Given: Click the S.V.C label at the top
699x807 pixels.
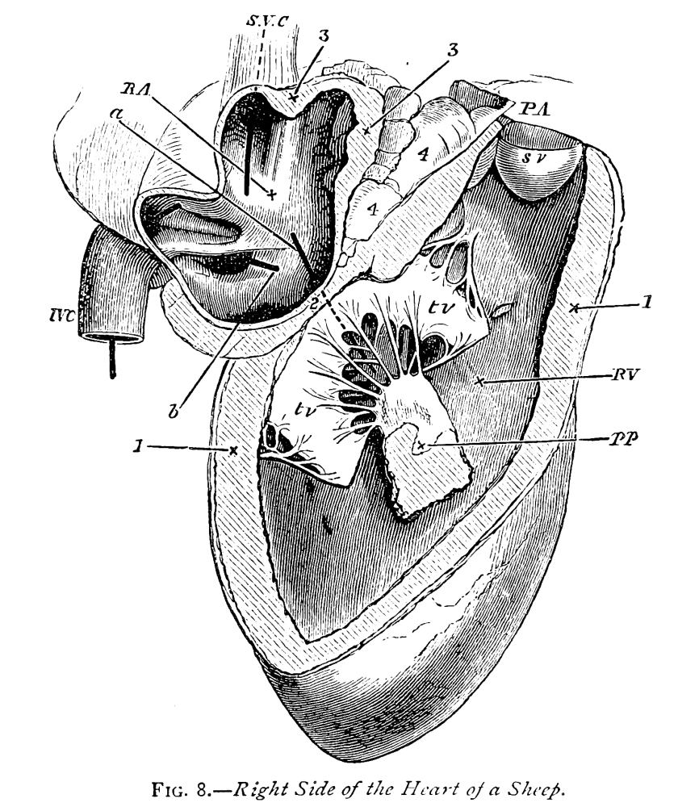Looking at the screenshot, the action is point(267,21).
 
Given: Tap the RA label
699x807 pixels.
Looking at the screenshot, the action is point(134,89).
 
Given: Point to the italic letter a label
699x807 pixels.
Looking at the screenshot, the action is point(118,114).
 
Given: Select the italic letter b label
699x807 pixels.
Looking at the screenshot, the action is point(174,411).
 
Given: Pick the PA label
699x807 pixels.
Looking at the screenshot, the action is point(534,109).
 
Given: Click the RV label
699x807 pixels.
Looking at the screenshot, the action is point(625,374).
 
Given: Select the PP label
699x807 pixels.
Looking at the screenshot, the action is point(623,439).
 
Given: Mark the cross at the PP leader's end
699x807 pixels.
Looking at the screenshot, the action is point(421,445).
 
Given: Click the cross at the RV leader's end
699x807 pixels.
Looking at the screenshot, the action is point(479,382).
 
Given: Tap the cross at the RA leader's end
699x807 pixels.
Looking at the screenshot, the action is point(271,194).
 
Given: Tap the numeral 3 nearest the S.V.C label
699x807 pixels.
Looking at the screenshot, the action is point(323,36).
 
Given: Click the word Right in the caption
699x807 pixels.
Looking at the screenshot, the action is point(264,790).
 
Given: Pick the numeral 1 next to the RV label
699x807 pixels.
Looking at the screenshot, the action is point(647,302).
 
